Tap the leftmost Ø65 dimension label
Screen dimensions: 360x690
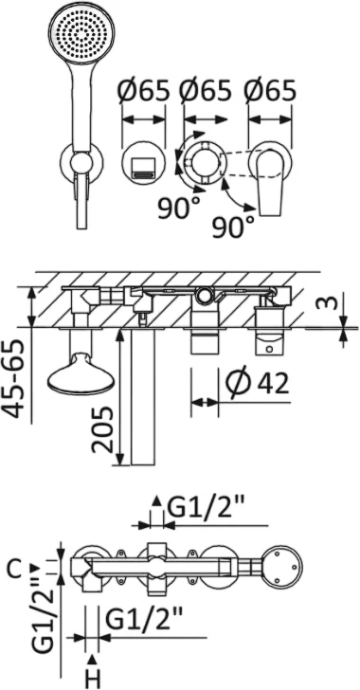pos(143,91)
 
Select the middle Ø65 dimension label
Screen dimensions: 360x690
pos(205,91)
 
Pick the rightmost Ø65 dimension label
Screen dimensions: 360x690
pos(269,91)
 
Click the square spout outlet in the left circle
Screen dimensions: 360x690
pos(143,169)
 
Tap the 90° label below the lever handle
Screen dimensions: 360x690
pos(234,227)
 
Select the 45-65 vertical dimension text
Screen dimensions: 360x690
pos(18,378)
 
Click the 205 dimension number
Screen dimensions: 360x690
pos(103,429)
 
